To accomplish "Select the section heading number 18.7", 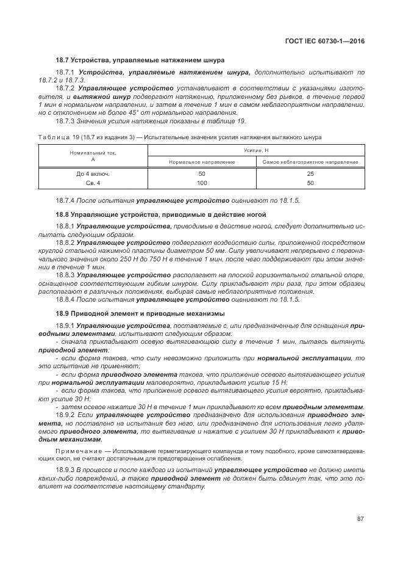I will pos(63,60).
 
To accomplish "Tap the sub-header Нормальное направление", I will pos(202,162).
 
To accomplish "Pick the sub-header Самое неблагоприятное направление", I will pos(310,162).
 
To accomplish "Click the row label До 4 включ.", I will pos(93,173).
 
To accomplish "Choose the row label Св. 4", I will pos(93,183).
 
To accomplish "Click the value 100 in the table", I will pos(202,183).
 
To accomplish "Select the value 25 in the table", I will pos(310,173).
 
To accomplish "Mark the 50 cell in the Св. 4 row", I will pos(310,183).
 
